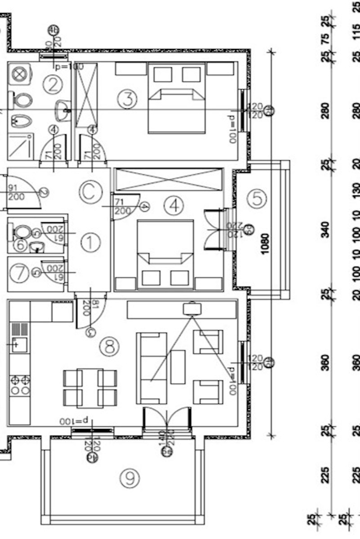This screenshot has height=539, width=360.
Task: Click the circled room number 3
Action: pos(128,99)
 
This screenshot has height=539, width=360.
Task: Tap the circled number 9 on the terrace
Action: pos(129,479)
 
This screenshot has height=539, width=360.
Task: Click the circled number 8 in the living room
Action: pos(109,347)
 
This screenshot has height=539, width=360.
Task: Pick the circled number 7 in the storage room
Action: pos(19,274)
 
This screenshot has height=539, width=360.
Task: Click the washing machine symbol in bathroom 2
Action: pos(19,75)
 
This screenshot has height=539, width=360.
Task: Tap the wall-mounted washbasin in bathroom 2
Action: pos(62,109)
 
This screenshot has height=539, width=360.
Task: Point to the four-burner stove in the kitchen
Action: pos(20,385)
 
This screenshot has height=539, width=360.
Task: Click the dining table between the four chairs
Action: pos(90,388)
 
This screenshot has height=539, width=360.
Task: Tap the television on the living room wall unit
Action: pos(192,308)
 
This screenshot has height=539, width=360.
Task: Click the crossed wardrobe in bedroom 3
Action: pos(86,95)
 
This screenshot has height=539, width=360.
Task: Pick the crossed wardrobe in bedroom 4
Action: pos(169,179)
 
